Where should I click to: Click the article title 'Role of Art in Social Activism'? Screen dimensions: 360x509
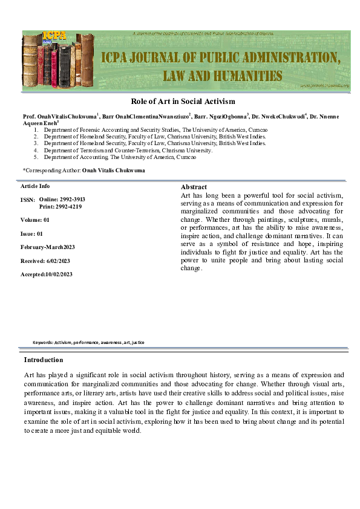pyautogui.click(x=183, y=101)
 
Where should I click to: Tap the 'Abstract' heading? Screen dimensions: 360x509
pyautogui.click(x=194, y=187)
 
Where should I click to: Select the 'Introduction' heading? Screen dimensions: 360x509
pyautogui.click(x=44, y=360)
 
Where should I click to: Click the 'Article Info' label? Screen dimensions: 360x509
pyautogui.click(x=35, y=186)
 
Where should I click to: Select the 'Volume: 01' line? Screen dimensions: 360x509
pyautogui.click(x=35, y=220)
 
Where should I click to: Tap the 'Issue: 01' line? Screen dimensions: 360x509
pyautogui.click(x=32, y=233)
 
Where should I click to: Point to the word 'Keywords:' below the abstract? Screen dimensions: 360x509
pyautogui.click(x=43, y=342)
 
